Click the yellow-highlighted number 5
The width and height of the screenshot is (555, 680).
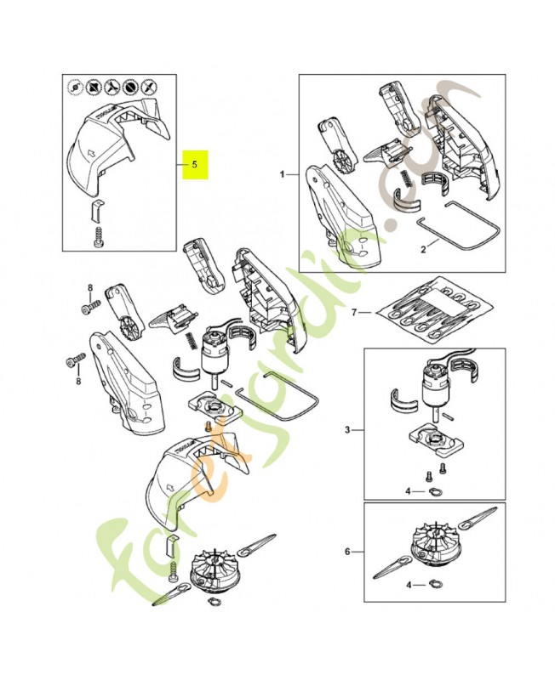[195, 164]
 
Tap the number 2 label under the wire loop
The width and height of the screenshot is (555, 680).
[423, 250]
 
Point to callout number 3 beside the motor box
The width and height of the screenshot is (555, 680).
[347, 431]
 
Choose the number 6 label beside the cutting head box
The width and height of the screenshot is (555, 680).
[347, 552]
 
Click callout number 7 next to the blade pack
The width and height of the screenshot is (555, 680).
[355, 313]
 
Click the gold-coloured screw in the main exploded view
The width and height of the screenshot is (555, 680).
[205, 424]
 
